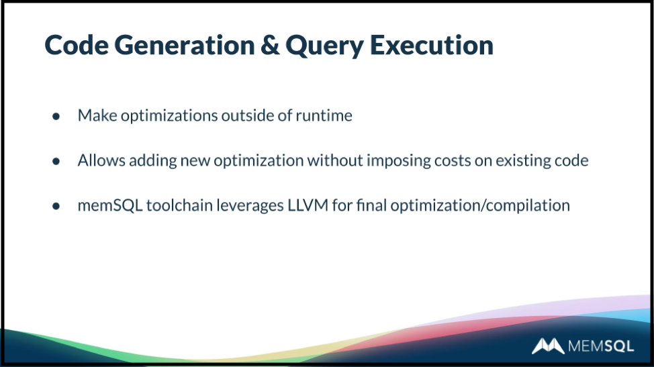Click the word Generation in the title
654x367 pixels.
click(185, 44)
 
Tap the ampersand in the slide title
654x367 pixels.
click(271, 44)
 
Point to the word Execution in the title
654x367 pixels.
click(432, 44)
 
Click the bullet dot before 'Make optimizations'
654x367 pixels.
click(56, 116)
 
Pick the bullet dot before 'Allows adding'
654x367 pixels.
click(56, 161)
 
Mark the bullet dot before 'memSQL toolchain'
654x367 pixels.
click(56, 206)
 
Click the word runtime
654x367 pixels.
click(324, 115)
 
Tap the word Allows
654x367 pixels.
click(101, 160)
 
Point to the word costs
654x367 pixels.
click(453, 161)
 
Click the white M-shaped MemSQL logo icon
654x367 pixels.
click(548, 346)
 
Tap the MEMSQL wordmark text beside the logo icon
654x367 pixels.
click(600, 346)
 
